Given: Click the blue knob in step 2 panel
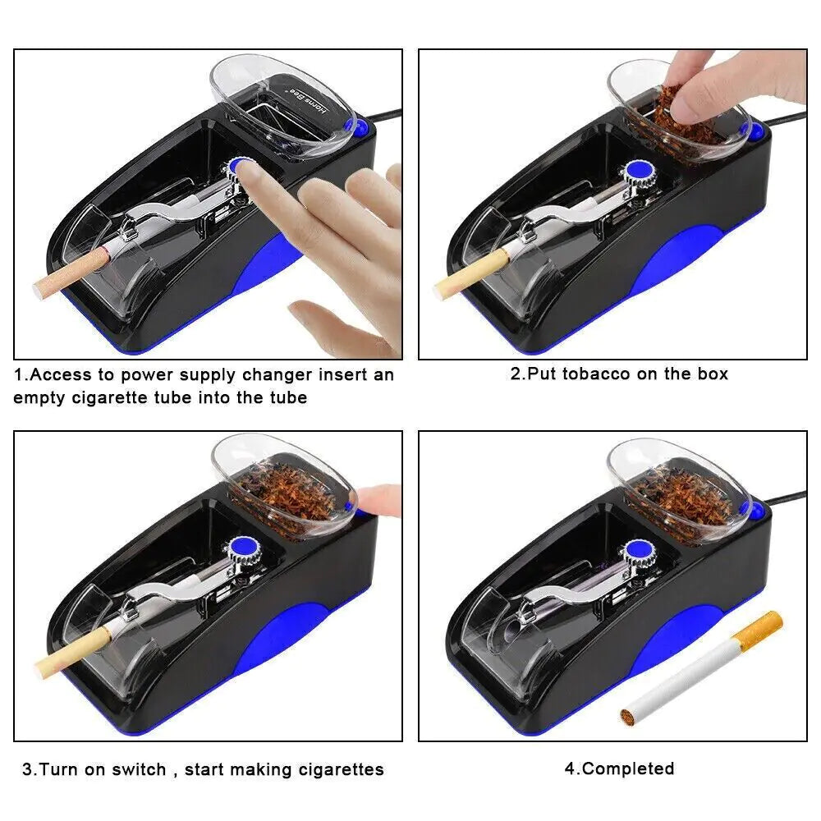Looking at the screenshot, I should [x=635, y=171].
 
